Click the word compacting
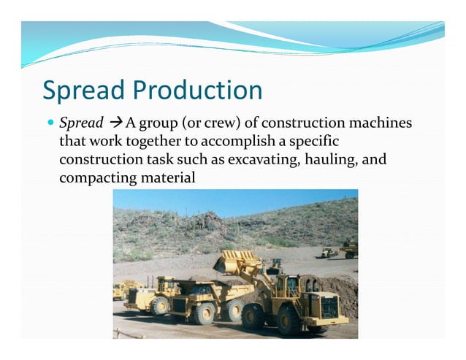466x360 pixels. [x=92, y=177]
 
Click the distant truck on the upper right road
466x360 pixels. [x=348, y=250]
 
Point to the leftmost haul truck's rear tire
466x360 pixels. [x=159, y=306]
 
